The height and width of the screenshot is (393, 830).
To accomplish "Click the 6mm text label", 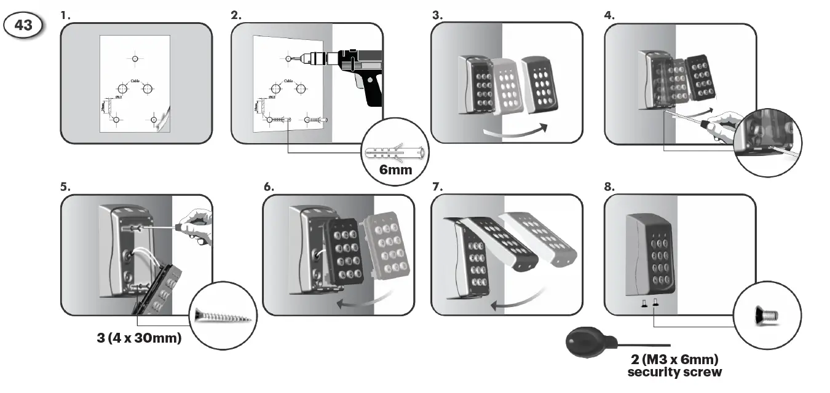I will pyautogui.click(x=395, y=169).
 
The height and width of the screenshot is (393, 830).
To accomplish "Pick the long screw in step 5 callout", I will pyautogui.click(x=223, y=316).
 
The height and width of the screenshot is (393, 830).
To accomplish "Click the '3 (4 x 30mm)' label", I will pyautogui.click(x=139, y=338).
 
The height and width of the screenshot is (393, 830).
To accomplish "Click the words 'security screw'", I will pyautogui.click(x=674, y=372).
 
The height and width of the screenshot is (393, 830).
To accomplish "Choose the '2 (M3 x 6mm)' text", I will pyautogui.click(x=674, y=359).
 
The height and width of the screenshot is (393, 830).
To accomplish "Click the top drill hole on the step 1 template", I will pyautogui.click(x=135, y=58).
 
